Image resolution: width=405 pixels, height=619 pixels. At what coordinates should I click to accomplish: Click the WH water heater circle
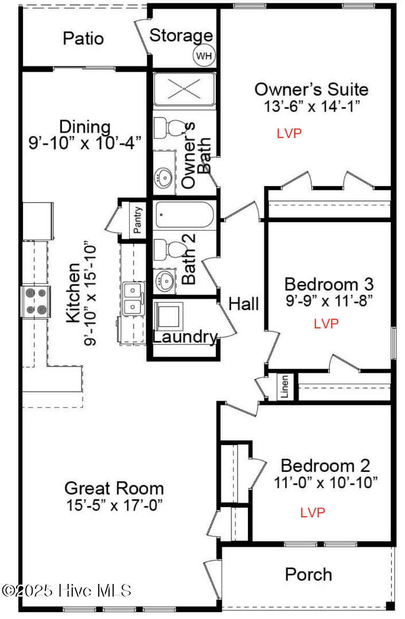(204, 56)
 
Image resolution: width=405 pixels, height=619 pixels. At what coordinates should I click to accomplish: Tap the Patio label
(83, 38)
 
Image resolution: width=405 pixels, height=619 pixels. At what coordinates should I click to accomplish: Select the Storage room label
(181, 36)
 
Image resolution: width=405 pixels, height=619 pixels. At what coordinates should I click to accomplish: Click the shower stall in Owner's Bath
(184, 88)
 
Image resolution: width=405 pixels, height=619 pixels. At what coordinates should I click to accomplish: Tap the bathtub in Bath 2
(184, 214)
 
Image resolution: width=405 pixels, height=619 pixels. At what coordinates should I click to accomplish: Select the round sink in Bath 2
(165, 280)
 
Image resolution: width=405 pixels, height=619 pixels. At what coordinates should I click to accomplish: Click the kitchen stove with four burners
(36, 301)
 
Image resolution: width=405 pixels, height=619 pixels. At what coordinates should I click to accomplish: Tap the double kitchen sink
(133, 299)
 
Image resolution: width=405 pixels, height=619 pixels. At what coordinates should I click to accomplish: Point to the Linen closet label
(285, 386)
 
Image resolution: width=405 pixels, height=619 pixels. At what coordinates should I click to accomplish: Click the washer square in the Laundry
(169, 316)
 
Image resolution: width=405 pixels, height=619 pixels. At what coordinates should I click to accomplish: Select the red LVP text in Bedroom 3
(326, 324)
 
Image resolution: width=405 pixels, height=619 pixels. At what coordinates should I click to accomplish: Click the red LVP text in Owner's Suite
(289, 133)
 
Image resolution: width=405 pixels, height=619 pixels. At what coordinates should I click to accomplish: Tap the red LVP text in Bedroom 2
(313, 512)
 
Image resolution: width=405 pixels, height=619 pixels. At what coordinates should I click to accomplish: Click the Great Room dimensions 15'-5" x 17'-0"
(115, 505)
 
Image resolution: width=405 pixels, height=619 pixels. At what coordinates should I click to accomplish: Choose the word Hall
(244, 304)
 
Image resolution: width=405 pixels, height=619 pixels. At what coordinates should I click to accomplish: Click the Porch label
(309, 574)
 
